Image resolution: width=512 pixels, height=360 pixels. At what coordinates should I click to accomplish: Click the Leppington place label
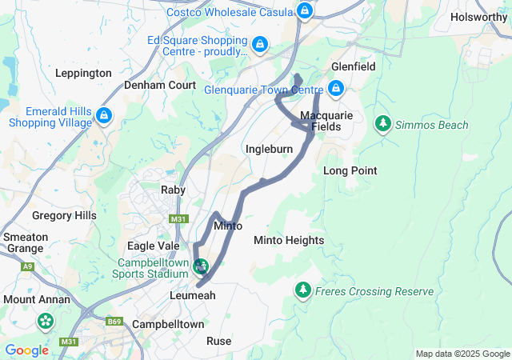point(83,73)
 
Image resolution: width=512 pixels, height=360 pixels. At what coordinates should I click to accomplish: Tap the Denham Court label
point(160,84)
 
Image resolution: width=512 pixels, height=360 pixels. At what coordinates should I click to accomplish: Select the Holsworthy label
point(479,16)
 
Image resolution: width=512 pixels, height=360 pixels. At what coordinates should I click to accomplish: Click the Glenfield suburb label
point(353,67)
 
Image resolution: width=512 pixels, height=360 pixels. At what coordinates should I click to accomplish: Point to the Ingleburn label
point(269,149)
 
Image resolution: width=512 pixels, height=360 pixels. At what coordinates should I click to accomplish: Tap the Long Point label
point(350,170)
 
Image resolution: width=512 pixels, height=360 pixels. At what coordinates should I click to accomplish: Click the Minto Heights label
point(289,240)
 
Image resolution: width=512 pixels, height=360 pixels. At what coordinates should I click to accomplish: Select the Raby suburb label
point(173,190)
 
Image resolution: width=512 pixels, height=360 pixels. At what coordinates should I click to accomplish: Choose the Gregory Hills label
point(64,215)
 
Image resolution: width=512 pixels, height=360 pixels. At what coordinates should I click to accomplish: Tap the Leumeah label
point(192,294)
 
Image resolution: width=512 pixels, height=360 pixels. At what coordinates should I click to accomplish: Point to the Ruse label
point(218,341)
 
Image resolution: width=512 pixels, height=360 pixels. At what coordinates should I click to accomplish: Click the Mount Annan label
point(37,299)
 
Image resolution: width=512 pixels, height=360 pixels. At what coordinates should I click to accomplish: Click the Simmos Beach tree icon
point(383,124)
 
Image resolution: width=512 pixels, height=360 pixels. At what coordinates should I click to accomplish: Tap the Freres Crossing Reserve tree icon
point(303,289)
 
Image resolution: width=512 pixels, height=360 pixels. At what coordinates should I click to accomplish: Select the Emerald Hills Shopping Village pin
point(103,116)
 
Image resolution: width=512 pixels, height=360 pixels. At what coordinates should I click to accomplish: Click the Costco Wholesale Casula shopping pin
point(304,11)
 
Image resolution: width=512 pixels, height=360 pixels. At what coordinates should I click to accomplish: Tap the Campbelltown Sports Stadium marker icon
point(202,264)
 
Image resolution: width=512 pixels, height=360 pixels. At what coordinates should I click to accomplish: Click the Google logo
point(26,350)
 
